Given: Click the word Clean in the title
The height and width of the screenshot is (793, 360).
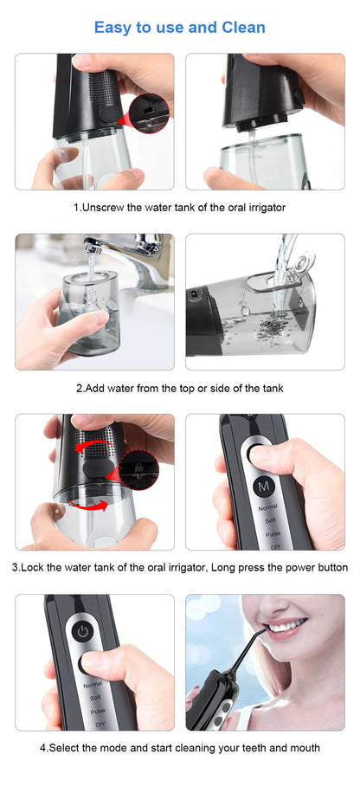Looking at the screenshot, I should pos(238,27).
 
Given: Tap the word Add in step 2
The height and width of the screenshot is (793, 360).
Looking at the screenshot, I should pos(96,388).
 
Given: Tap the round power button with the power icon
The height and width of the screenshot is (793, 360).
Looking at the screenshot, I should pos(82,631).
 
